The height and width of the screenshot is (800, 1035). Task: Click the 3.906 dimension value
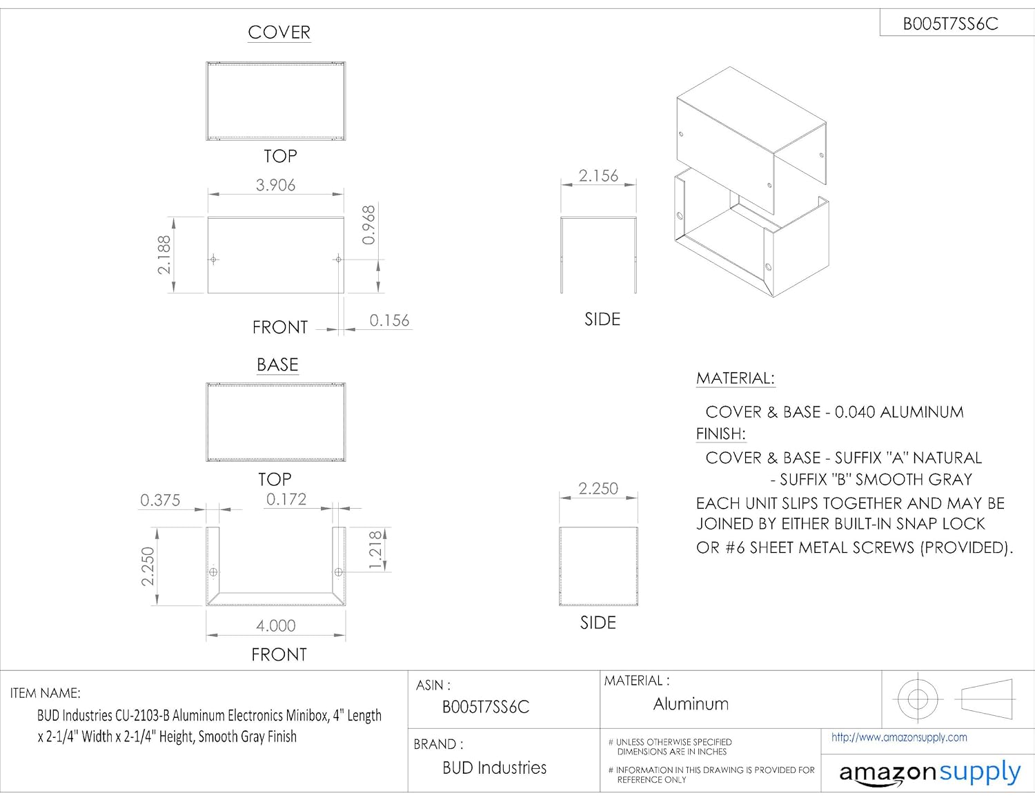[x=275, y=185]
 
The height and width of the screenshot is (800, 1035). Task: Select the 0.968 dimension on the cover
[x=369, y=225]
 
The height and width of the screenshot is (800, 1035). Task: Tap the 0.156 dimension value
[x=389, y=320]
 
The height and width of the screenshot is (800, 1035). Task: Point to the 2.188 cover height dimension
[x=164, y=255]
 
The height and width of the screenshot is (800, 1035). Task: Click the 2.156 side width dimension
[x=598, y=176]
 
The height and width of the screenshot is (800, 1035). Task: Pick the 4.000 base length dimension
[x=276, y=625]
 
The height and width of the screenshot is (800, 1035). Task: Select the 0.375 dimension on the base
[x=160, y=500]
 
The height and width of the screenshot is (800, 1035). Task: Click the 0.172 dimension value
[x=286, y=499]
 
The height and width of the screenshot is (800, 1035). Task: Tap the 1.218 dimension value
[x=375, y=550]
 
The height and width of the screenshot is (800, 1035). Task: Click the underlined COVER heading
[x=279, y=32]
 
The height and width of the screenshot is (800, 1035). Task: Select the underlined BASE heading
[x=277, y=364]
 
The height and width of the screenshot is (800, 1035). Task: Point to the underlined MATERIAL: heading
[x=736, y=378]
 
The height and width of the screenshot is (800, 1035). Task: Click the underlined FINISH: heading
[x=721, y=433]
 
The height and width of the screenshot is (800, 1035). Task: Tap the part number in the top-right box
[x=950, y=24]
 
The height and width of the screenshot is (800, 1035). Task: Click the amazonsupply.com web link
[x=899, y=737]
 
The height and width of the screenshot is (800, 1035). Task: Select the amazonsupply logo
[x=929, y=773]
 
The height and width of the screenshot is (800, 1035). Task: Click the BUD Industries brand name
[x=494, y=768]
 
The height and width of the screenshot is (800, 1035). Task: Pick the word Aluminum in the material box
[x=691, y=704]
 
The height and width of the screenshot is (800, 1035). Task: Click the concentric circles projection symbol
[x=918, y=699]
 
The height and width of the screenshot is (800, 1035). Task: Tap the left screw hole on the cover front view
[x=214, y=260]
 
